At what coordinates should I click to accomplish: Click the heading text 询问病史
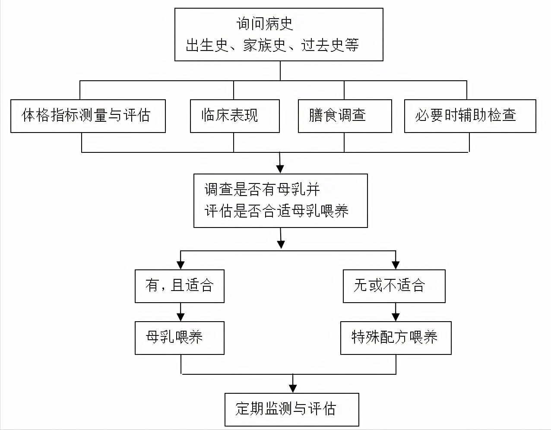tap(265, 23)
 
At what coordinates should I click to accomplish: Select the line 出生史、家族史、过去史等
tap(272, 45)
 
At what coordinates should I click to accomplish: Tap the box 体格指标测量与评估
tap(88, 116)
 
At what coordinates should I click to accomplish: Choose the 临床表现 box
tap(234, 116)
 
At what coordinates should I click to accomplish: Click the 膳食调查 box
tap(345, 116)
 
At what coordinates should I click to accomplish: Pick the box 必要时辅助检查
tap(470, 116)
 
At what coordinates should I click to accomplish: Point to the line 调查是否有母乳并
tap(262, 189)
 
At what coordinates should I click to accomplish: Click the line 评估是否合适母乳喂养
tap(276, 211)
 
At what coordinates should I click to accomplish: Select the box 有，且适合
tap(180, 286)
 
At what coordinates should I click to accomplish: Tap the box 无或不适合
tap(394, 286)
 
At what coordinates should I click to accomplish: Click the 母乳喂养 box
tap(180, 338)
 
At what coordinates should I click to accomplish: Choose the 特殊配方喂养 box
tap(396, 338)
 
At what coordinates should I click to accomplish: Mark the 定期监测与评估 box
tap(292, 409)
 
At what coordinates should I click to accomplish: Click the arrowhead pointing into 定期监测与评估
tap(293, 388)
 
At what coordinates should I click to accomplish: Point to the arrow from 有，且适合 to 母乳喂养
tap(180, 312)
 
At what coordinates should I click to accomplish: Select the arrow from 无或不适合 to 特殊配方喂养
tap(396, 312)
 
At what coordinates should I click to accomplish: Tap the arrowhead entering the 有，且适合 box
tap(180, 265)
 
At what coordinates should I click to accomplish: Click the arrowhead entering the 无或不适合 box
tap(396, 265)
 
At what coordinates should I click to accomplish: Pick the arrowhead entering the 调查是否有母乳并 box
tap(280, 169)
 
